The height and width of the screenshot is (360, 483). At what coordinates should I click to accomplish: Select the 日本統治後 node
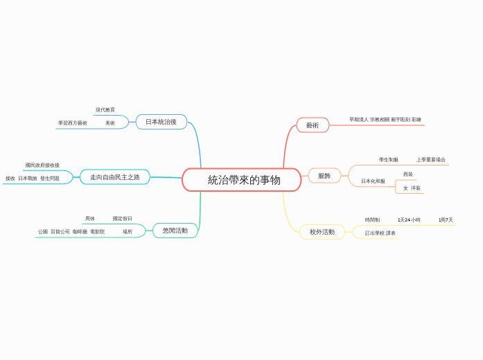pyautogui.click(x=161, y=122)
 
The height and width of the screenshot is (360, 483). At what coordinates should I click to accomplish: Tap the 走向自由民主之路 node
pyautogui.click(x=115, y=177)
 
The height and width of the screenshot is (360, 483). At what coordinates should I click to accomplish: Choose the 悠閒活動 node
pyautogui.click(x=175, y=231)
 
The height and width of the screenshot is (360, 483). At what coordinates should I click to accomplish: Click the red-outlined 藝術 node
pyautogui.click(x=313, y=125)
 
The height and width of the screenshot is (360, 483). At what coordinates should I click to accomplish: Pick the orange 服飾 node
pyautogui.click(x=324, y=176)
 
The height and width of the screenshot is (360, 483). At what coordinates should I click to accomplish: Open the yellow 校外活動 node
pyautogui.click(x=322, y=232)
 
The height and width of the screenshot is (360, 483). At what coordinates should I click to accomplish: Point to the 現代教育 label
pyautogui.click(x=105, y=109)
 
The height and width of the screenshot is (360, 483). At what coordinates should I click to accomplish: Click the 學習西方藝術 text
pyautogui.click(x=73, y=123)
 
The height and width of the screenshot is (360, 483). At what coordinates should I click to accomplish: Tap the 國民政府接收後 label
pyautogui.click(x=42, y=165)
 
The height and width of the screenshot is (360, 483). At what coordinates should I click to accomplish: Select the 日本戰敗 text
pyautogui.click(x=28, y=179)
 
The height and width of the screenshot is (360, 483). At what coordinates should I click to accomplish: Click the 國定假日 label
pyautogui.click(x=123, y=219)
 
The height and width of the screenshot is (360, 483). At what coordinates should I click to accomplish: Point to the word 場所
pyautogui.click(x=128, y=232)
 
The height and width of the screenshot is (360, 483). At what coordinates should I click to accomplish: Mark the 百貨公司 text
pyautogui.click(x=60, y=232)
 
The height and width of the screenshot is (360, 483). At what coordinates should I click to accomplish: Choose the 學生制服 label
pyautogui.click(x=389, y=160)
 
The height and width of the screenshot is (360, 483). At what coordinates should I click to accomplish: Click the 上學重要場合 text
pyautogui.click(x=431, y=160)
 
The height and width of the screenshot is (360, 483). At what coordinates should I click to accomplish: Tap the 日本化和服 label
pyautogui.click(x=373, y=181)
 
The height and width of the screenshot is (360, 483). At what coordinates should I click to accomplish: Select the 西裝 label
pyautogui.click(x=408, y=174)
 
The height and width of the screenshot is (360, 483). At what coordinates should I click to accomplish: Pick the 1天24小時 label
pyautogui.click(x=409, y=220)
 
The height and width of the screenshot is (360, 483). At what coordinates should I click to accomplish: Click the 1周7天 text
pyautogui.click(x=446, y=220)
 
